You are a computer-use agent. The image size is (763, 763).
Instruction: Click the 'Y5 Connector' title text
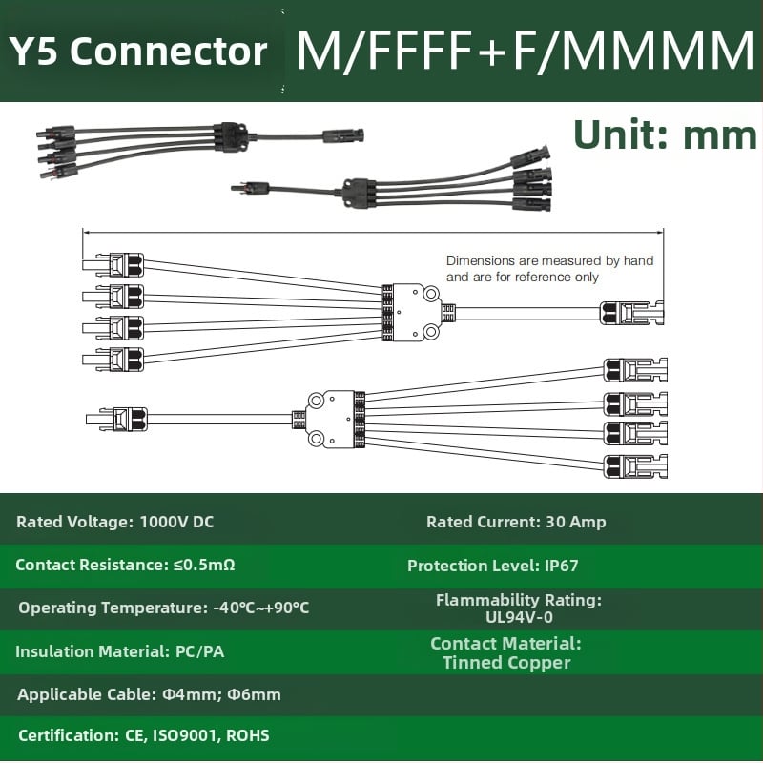pos(138,52)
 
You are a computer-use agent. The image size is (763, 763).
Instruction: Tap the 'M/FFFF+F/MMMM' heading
pos(526,51)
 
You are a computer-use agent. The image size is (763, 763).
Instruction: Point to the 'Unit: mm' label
pos(665,134)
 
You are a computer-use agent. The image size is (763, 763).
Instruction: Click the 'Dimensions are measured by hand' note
pos(550,260)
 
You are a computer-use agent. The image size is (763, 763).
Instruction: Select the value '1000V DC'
pos(176,522)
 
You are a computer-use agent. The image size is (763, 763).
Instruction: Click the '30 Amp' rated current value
pos(576,522)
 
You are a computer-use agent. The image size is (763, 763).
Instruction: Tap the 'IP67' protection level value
pos(562,566)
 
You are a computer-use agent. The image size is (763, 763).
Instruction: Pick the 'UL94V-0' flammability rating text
pos(519,617)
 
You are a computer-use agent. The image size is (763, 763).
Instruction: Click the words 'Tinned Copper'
pos(506,662)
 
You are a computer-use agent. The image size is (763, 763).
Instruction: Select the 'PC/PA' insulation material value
pos(200,651)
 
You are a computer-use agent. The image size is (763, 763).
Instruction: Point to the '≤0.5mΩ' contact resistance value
pos(204,565)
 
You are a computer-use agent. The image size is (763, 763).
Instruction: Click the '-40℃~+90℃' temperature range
pos(261,608)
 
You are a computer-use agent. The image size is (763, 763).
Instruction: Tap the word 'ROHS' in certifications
pos(248,735)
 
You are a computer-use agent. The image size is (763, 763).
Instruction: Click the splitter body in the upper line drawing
pos(412,313)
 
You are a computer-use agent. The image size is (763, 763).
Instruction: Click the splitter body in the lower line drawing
pos(336,419)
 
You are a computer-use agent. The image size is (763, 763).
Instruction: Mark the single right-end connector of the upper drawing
pos(631,313)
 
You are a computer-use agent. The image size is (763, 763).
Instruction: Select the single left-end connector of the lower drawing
pos(116,420)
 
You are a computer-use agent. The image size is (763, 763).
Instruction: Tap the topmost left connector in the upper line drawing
pos(113,265)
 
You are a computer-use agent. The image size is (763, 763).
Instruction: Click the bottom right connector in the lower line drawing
pos(635,466)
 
